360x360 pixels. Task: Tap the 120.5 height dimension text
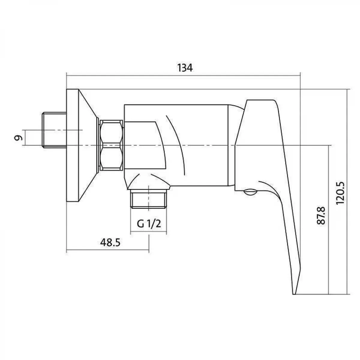[340, 193]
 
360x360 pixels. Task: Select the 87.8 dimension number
[321, 215]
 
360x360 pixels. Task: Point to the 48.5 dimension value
[110, 243]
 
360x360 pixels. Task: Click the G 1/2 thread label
[149, 223]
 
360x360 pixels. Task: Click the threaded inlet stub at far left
[55, 130]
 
